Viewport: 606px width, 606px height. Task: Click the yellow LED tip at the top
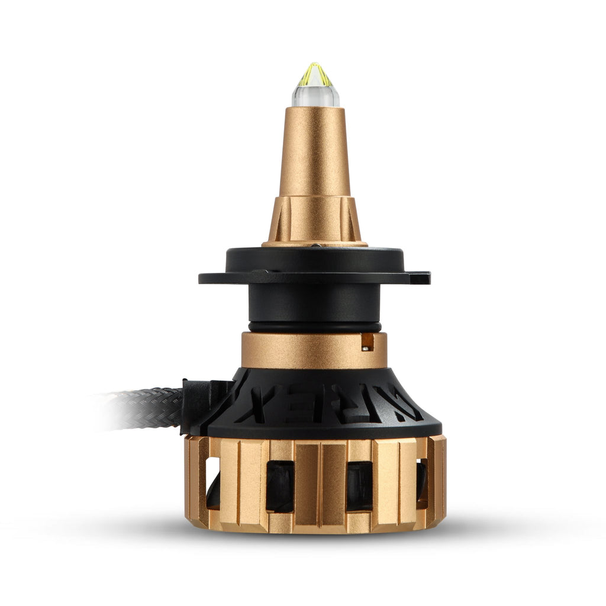click(x=315, y=74)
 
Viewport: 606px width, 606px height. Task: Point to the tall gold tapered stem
click(x=315, y=154)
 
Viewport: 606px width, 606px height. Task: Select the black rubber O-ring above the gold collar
click(x=314, y=327)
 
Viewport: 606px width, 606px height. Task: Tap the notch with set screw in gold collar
click(x=368, y=341)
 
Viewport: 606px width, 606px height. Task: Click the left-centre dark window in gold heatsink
click(x=280, y=485)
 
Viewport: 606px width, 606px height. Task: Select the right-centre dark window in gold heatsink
click(x=359, y=485)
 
